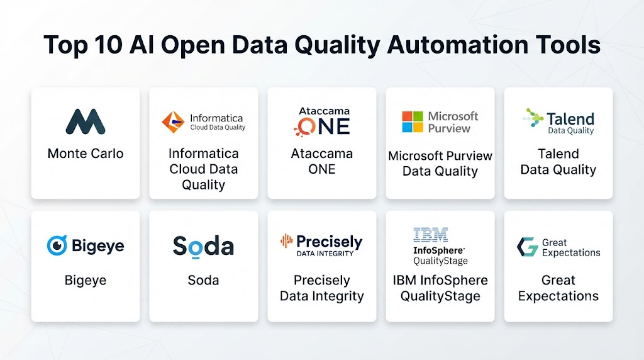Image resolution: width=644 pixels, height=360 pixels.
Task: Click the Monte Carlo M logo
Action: click(86, 121)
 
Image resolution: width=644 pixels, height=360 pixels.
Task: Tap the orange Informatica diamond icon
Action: click(173, 122)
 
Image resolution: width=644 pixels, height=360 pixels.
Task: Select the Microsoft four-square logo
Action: click(413, 121)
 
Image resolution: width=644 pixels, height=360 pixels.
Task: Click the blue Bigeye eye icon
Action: click(57, 245)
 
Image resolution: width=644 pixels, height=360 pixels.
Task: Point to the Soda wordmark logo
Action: click(203, 247)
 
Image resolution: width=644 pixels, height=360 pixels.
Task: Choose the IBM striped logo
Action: click(430, 235)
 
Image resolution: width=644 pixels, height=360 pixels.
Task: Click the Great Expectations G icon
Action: click(528, 247)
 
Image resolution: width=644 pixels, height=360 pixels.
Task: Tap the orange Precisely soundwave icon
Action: click(287, 241)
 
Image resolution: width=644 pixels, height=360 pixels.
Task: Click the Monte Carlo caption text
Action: click(86, 154)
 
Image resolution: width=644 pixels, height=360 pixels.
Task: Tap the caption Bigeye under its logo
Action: click(86, 280)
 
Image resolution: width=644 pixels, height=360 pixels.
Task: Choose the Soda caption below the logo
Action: click(203, 280)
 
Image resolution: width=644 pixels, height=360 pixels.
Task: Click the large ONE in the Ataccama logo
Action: click(323, 126)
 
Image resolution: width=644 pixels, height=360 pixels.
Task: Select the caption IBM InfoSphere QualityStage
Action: click(440, 288)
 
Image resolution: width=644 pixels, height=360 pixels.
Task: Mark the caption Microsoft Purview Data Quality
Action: click(440, 163)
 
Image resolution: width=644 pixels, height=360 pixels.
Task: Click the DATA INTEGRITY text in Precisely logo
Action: click(325, 254)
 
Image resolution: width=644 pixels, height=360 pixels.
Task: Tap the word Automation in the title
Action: click(458, 45)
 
